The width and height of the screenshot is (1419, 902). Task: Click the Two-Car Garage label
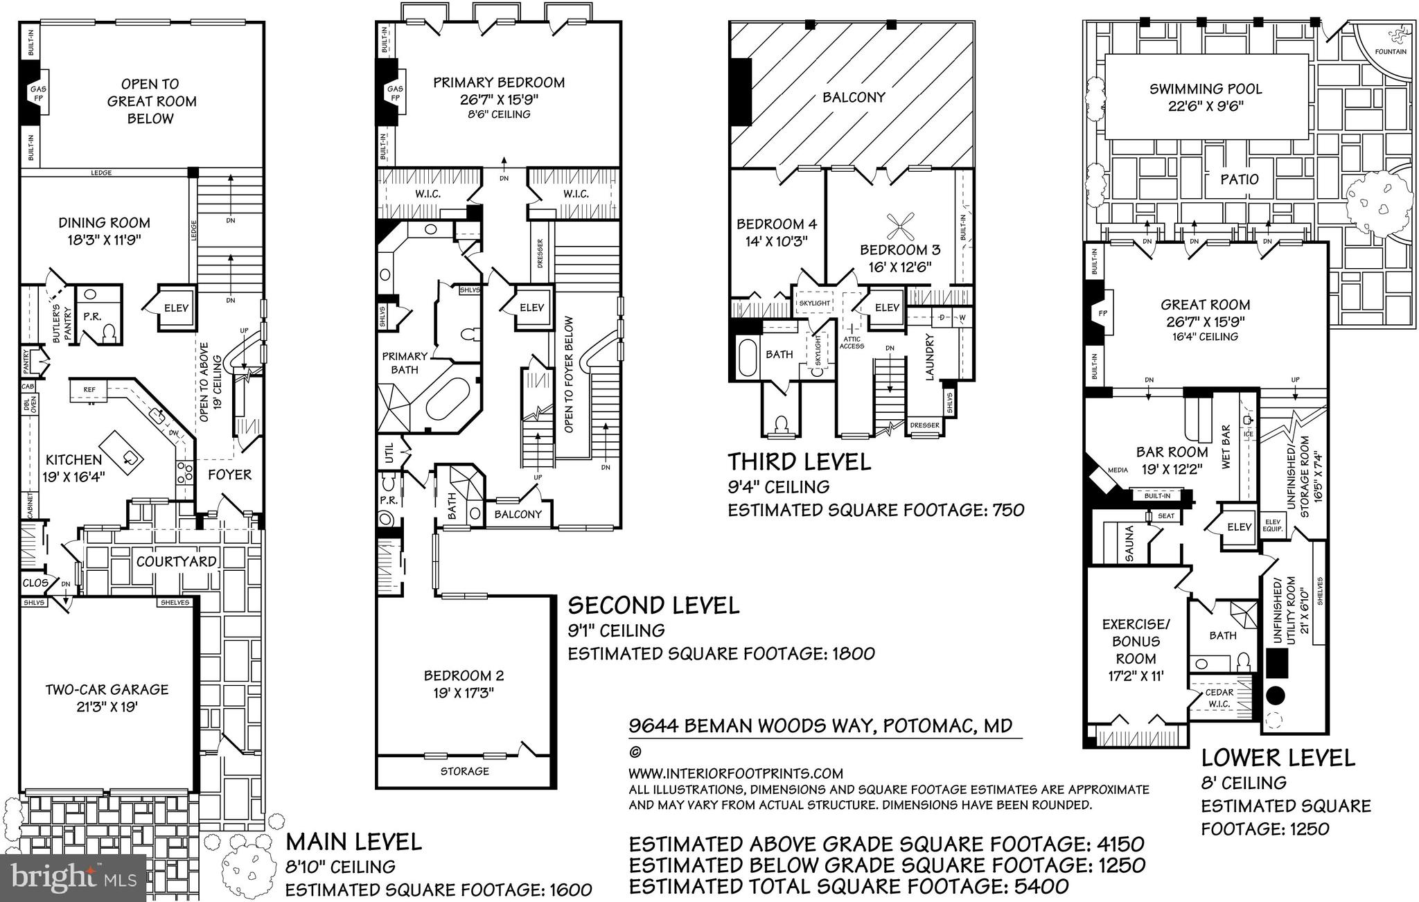pyautogui.click(x=107, y=689)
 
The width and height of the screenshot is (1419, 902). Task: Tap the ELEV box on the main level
pyautogui.click(x=176, y=308)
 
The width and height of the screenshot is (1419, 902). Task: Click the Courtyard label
pyautogui.click(x=176, y=561)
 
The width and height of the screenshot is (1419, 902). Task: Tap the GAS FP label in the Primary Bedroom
pyautogui.click(x=395, y=94)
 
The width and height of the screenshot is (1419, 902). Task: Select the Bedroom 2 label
pyautogui.click(x=464, y=675)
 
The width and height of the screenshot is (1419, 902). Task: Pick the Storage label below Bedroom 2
pyautogui.click(x=465, y=771)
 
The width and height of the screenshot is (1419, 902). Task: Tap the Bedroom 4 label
pyautogui.click(x=776, y=224)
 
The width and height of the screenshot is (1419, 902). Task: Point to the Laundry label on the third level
pyautogui.click(x=930, y=357)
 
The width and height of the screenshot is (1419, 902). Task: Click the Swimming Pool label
pyautogui.click(x=1206, y=89)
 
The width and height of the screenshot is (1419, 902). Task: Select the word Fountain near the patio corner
pyautogui.click(x=1391, y=52)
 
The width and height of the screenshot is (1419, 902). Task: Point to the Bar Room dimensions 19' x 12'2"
pyautogui.click(x=1172, y=469)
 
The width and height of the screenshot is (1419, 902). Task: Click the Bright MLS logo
pyautogui.click(x=73, y=878)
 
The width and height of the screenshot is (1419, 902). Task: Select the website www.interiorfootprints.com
pyautogui.click(x=735, y=773)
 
